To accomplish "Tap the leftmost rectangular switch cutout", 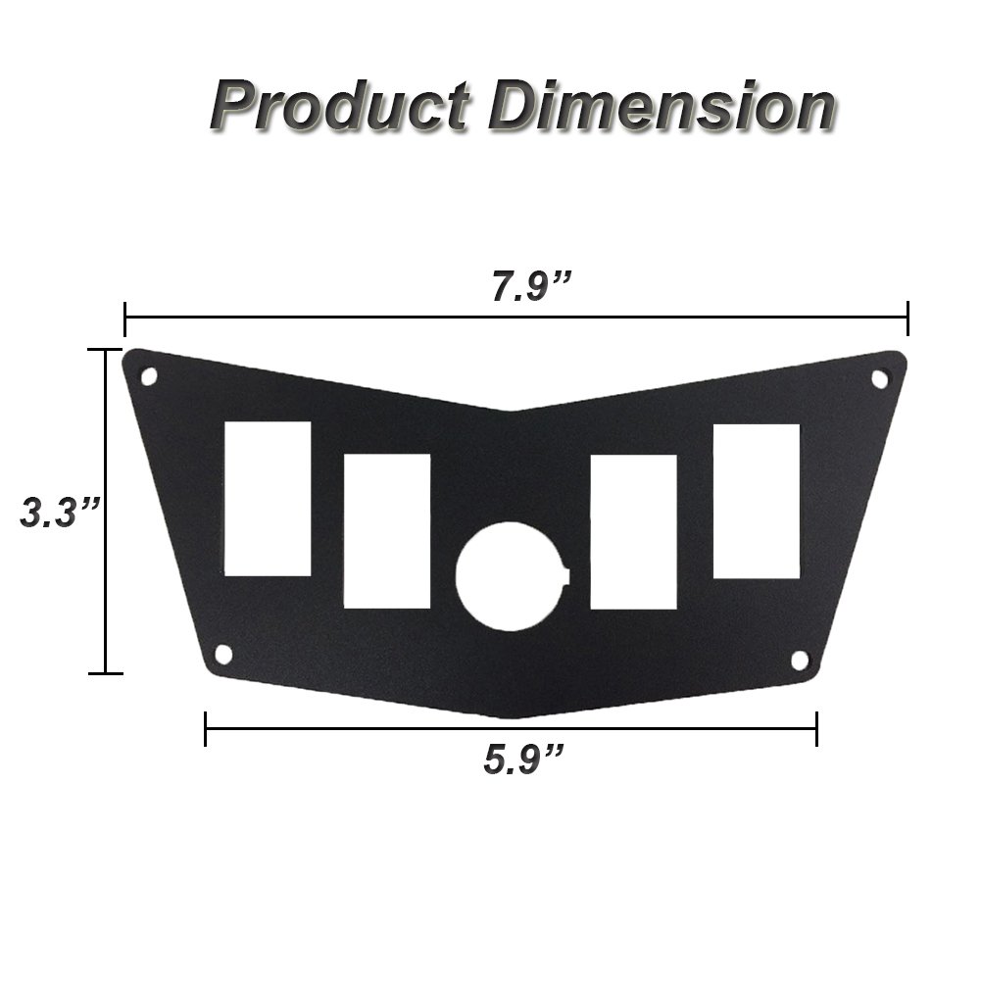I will (268, 498).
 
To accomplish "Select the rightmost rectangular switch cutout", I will (756, 501).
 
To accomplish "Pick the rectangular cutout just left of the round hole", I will (387, 531).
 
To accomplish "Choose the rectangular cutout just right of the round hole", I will (634, 531).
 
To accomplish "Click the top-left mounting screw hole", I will (149, 375).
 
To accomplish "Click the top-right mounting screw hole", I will (879, 377).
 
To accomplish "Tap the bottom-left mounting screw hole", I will (222, 654).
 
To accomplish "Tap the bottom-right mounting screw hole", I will (799, 659).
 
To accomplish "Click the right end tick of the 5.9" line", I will (816, 729).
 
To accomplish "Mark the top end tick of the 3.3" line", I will (105, 349).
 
